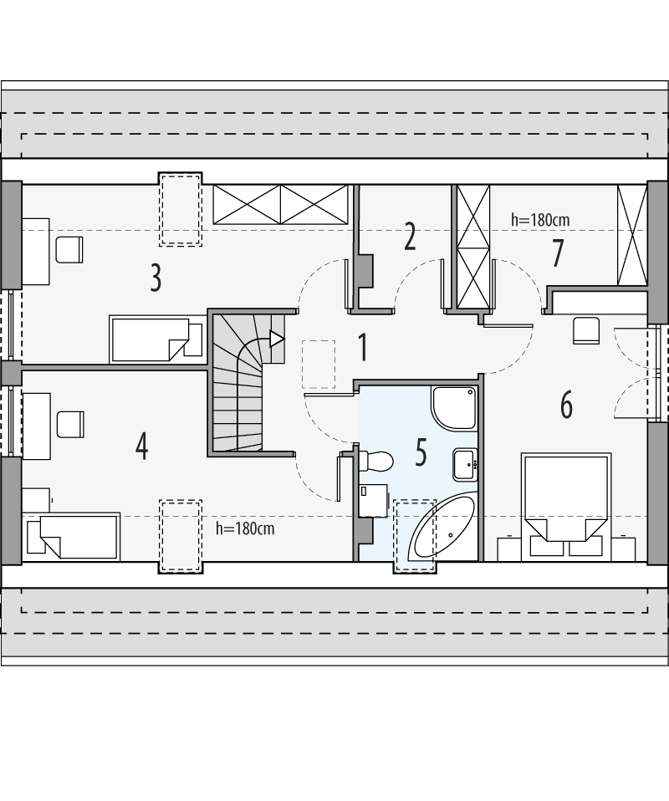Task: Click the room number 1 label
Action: pos(362,347)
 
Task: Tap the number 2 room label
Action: pos(409,237)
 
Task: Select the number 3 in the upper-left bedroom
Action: pos(156,278)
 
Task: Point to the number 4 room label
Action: pos(142,445)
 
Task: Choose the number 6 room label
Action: pos(566,406)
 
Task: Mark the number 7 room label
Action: pos(556,253)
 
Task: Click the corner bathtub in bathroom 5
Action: pos(441,528)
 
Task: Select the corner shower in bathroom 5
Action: pos(453,407)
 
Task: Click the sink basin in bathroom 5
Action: pos(465,465)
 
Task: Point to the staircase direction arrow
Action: pos(275,339)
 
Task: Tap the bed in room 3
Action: pos(157,339)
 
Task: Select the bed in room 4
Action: pos(74,535)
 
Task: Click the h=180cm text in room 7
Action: pos(541,220)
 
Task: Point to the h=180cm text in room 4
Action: pos(245,528)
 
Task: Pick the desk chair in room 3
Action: pos(69,249)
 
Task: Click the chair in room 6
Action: pos(586,330)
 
